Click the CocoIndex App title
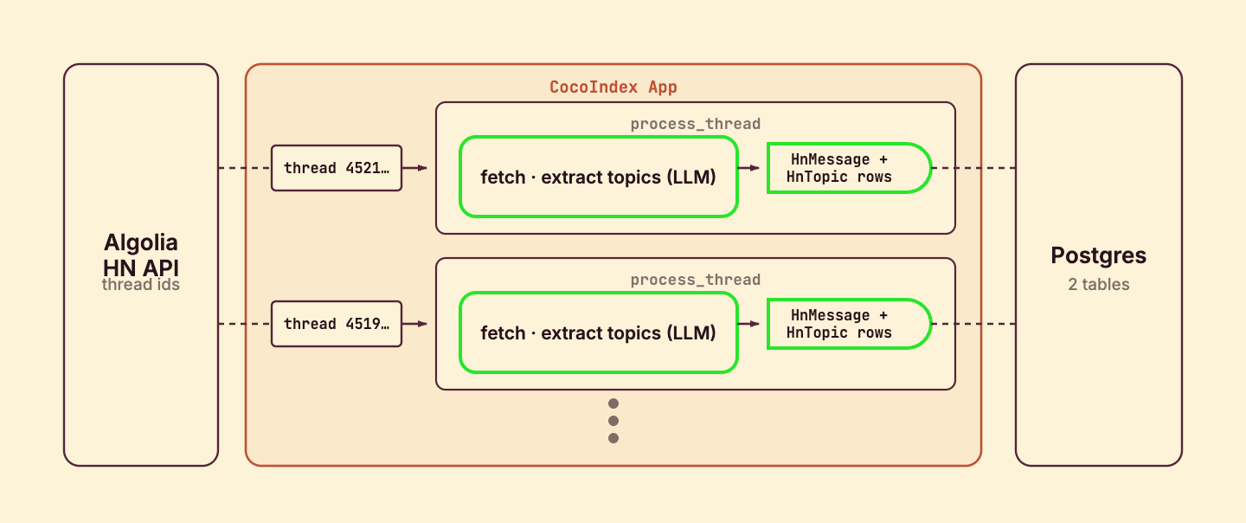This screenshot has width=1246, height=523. (613, 87)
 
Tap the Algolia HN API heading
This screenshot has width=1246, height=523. (141, 255)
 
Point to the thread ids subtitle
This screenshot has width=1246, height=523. (141, 284)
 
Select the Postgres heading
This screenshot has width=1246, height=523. (1099, 255)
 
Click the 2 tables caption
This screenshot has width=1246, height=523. (1099, 284)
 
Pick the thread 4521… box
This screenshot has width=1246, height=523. (337, 168)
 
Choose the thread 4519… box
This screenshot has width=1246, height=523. (337, 324)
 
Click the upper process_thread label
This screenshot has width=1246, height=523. (696, 124)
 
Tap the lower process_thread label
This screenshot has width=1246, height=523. (696, 280)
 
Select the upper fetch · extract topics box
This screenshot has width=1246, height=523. (599, 177)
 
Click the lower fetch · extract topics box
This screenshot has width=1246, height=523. (599, 333)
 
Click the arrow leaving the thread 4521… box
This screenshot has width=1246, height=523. (414, 168)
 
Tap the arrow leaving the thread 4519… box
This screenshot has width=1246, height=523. (414, 324)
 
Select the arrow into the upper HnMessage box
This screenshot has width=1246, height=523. (748, 168)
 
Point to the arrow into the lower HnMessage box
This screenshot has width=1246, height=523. (748, 324)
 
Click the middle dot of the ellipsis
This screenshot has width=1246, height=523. (613, 421)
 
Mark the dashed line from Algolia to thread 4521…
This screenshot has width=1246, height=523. (245, 168)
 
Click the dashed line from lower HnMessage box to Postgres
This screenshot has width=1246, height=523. (973, 324)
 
